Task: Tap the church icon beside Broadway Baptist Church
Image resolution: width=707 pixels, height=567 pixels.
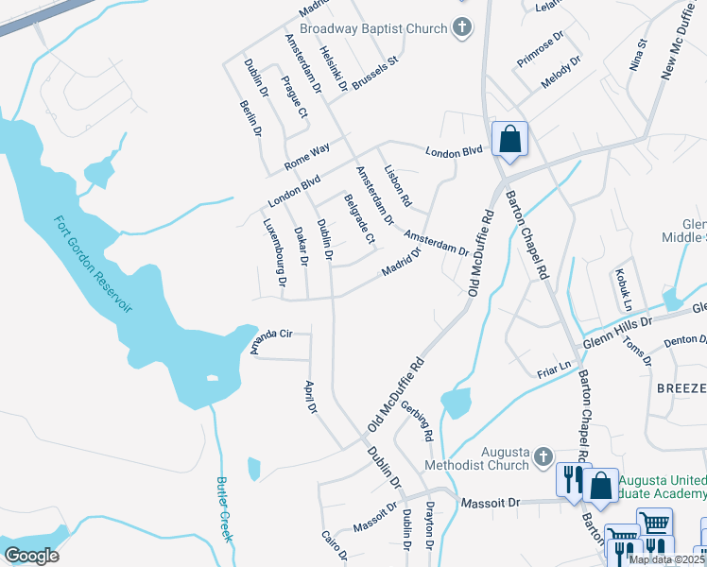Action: [462, 27]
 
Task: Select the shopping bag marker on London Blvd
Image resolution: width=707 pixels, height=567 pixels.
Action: [509, 140]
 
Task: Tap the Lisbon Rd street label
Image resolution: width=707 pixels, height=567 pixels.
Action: [398, 186]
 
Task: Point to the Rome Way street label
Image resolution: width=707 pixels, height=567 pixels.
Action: [307, 157]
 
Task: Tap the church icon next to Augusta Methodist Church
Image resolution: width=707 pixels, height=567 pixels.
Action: [543, 457]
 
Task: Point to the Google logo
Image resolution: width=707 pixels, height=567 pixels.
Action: [31, 556]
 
